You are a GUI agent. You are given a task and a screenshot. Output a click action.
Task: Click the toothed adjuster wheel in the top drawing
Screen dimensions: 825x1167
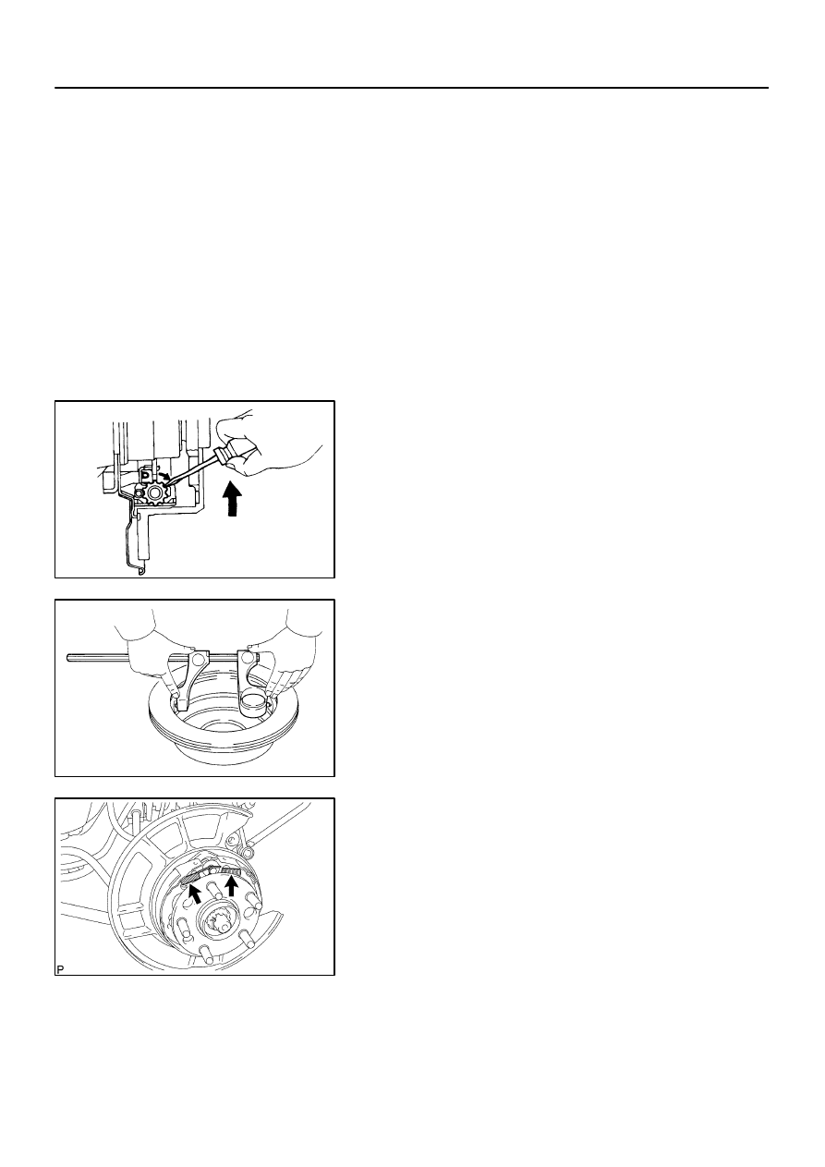click(155, 492)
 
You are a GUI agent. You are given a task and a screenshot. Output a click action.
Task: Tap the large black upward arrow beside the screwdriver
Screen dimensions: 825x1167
click(233, 497)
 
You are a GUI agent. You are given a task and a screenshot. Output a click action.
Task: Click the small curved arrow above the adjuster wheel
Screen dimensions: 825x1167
click(164, 476)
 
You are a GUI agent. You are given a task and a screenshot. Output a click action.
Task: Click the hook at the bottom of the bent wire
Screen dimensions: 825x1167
click(141, 572)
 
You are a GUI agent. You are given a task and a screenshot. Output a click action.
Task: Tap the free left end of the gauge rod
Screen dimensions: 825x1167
click(69, 658)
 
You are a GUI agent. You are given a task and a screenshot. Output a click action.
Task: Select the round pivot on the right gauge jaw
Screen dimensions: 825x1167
click(245, 658)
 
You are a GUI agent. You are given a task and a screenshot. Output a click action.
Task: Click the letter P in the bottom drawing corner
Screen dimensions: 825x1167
click(60, 969)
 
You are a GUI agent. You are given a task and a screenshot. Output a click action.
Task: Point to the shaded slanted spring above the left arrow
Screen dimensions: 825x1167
click(189, 878)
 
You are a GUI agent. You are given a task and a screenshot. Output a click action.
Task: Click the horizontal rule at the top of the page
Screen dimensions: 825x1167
click(411, 88)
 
